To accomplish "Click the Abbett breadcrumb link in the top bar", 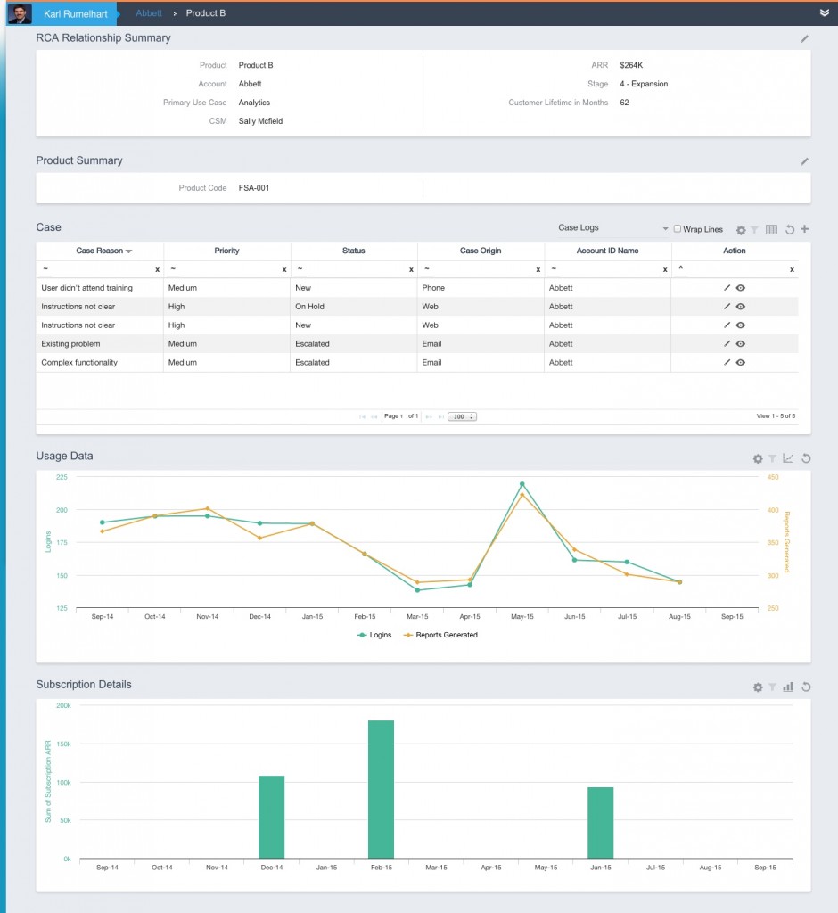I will [x=149, y=13].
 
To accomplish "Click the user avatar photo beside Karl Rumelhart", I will [x=20, y=13].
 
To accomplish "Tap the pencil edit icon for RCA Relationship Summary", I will [x=804, y=39].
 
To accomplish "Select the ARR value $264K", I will [x=631, y=65].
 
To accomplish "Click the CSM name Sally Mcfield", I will [x=260, y=121].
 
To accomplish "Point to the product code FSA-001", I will [x=254, y=188].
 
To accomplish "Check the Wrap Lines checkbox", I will [x=677, y=229].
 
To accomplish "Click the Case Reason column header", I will [x=99, y=251].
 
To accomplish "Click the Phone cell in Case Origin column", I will [x=433, y=288].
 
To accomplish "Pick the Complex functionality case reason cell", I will [x=79, y=363].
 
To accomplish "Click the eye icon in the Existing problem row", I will [x=740, y=344].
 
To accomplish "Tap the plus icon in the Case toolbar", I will [x=805, y=229].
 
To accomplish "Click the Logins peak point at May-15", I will [x=522, y=484].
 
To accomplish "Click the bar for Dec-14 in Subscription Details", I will [x=271, y=817].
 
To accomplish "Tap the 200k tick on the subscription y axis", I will [x=63, y=705].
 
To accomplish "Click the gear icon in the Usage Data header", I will [x=758, y=458].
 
